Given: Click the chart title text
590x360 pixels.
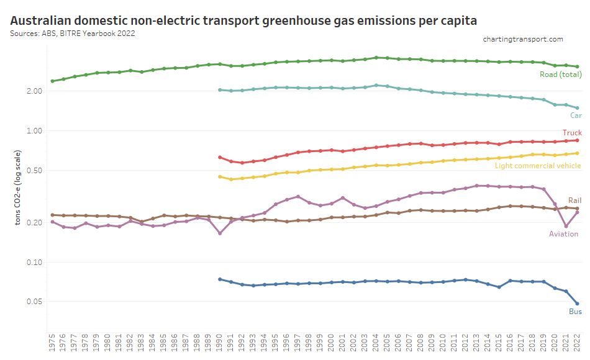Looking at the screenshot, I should click(x=243, y=20).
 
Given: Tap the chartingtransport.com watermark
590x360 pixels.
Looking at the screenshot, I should click(x=523, y=39).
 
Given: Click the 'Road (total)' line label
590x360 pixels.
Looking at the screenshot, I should click(x=560, y=75).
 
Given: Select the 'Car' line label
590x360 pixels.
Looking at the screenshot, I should click(x=576, y=115).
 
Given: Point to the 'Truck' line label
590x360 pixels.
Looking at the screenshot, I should click(x=572, y=133).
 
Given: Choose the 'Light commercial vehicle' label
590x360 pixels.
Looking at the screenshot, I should click(x=538, y=166).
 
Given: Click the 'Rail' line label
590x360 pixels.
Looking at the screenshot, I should click(x=574, y=200).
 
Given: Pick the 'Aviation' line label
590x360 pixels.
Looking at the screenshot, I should click(x=563, y=234).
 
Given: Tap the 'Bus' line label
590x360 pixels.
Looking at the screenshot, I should click(x=575, y=312).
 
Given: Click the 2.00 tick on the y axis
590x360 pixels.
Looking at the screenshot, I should click(x=34, y=91).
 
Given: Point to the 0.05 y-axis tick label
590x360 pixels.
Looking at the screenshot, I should click(x=34, y=302).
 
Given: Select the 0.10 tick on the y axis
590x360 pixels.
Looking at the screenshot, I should click(x=34, y=263).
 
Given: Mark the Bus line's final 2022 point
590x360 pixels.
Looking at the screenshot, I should click(x=578, y=304).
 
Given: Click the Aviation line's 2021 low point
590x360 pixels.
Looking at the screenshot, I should click(x=566, y=227).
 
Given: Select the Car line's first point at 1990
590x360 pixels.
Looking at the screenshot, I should click(x=220, y=89).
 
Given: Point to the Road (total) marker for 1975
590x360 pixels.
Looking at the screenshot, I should click(x=52, y=81).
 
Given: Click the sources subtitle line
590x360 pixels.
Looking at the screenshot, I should click(x=73, y=34).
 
